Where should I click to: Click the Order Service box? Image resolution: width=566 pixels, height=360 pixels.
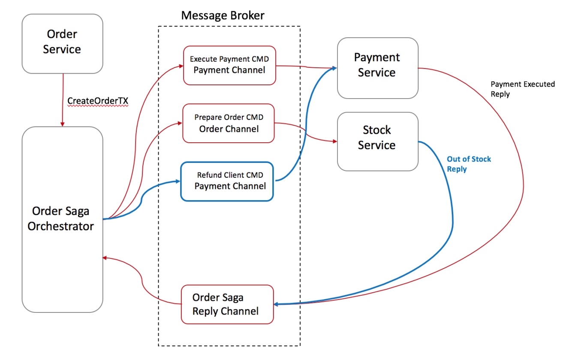coord(62,43)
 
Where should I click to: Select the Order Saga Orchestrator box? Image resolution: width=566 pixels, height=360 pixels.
coord(62,219)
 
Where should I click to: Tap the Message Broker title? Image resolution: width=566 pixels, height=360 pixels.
coord(223,16)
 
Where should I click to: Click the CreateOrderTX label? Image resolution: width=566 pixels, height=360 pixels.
coord(98,101)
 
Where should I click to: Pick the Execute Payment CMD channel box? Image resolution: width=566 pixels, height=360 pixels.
coord(229,65)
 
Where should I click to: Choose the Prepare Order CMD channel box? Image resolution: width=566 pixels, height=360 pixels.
coord(229,123)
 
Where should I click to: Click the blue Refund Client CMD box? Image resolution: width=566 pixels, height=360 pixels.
coord(227,181)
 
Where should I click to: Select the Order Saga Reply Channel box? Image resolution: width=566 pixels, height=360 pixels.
coord(227,304)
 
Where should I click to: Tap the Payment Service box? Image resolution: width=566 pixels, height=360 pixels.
coord(377,68)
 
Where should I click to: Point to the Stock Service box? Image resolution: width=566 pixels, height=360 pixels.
coord(377,141)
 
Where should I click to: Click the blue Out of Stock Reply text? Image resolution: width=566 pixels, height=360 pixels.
coord(468,164)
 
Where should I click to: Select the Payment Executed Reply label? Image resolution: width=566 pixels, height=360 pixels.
coord(522,89)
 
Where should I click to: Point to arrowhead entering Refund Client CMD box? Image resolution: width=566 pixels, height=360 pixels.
coord(178,181)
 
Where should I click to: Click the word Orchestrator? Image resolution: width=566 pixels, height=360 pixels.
coord(61,226)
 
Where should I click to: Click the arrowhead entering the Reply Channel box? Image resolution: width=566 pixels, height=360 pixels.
coord(277,304)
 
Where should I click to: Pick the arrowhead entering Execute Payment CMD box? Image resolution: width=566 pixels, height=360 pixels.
coord(181,66)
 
